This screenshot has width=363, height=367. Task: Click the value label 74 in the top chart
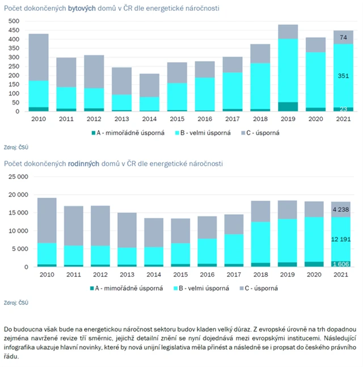point(344,37)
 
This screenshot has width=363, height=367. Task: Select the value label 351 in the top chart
point(344,76)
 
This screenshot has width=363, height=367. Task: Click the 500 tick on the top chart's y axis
point(14,21)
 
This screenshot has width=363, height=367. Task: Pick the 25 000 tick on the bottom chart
point(16,177)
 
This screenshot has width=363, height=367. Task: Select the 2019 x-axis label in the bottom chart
point(287,274)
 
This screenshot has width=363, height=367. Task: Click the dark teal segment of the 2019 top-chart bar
point(288,107)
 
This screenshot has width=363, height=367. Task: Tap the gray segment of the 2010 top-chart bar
point(38,57)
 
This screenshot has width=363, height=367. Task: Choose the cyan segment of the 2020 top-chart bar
point(315,80)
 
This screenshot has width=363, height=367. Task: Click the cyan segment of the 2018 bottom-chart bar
point(260,242)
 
